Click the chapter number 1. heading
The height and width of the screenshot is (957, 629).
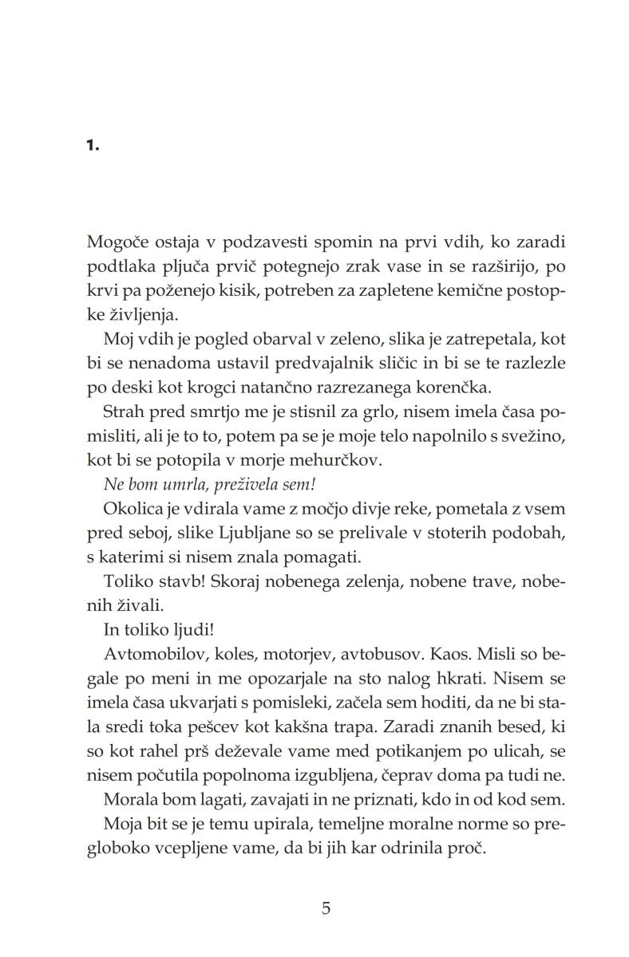click(93, 146)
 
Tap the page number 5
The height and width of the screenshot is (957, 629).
click(325, 908)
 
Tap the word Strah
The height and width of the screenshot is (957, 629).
click(123, 412)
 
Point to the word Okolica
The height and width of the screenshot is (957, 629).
click(131, 510)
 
